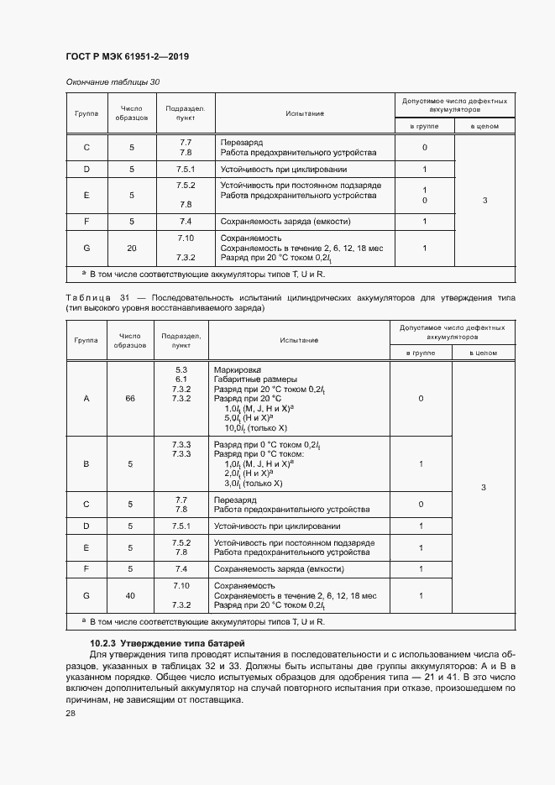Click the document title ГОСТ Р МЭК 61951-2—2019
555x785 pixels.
[127, 57]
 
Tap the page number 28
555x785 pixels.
[70, 713]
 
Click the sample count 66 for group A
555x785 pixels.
[130, 398]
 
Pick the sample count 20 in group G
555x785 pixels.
[131, 249]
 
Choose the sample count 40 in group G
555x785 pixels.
[130, 595]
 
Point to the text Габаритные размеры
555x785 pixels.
[255, 379]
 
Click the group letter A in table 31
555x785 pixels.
[86, 398]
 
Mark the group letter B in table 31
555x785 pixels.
[86, 463]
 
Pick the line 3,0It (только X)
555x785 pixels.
[253, 484]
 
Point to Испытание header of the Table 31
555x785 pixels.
[301, 340]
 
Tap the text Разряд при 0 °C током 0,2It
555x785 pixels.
[269, 444]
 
